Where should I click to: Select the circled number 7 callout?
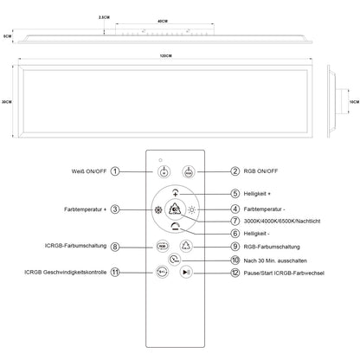click(235, 220)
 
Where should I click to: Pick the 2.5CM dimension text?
click(103, 16)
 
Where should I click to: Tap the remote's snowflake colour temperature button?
click(158, 209)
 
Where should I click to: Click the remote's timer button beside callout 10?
click(175, 258)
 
